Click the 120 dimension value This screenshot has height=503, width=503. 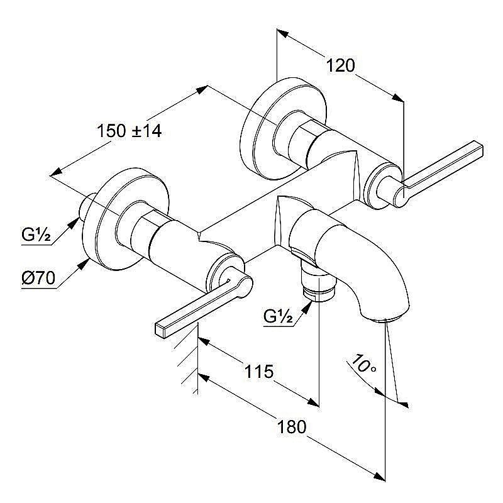coord(341,65)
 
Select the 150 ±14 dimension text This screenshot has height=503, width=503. coord(130,131)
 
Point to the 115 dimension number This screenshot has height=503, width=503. coord(259,372)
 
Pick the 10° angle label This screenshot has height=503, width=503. coord(364,365)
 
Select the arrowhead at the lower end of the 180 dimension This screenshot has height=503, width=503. coord(379,477)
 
